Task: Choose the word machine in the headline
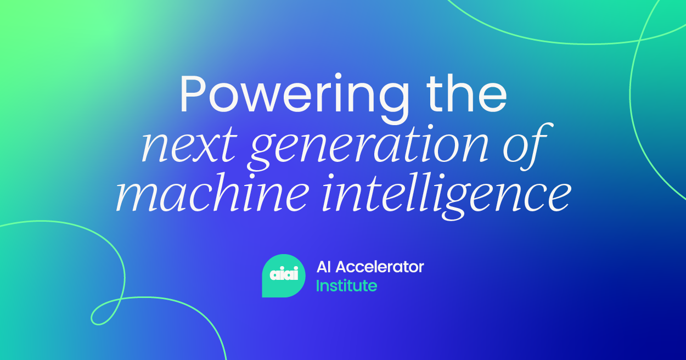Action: click(212, 194)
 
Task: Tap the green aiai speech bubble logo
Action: click(284, 275)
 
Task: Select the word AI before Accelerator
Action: click(324, 267)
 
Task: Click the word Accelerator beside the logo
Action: click(380, 267)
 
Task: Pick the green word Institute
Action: click(346, 285)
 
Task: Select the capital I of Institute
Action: click(318, 285)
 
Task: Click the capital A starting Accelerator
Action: click(342, 267)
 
